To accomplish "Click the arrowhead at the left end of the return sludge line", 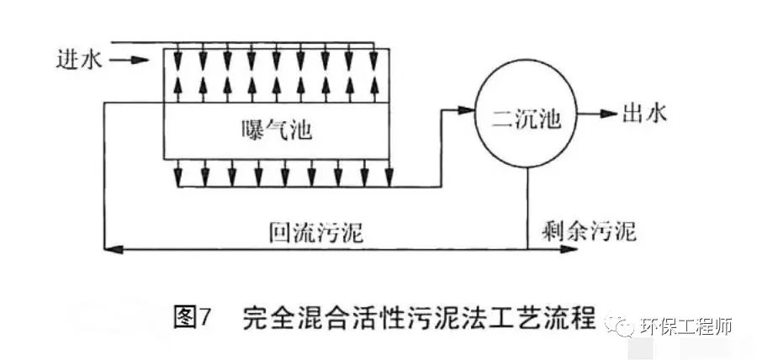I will pos(108,248).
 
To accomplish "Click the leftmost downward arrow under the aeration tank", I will pos(177,177).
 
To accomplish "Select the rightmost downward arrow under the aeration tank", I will pos(389,177).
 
